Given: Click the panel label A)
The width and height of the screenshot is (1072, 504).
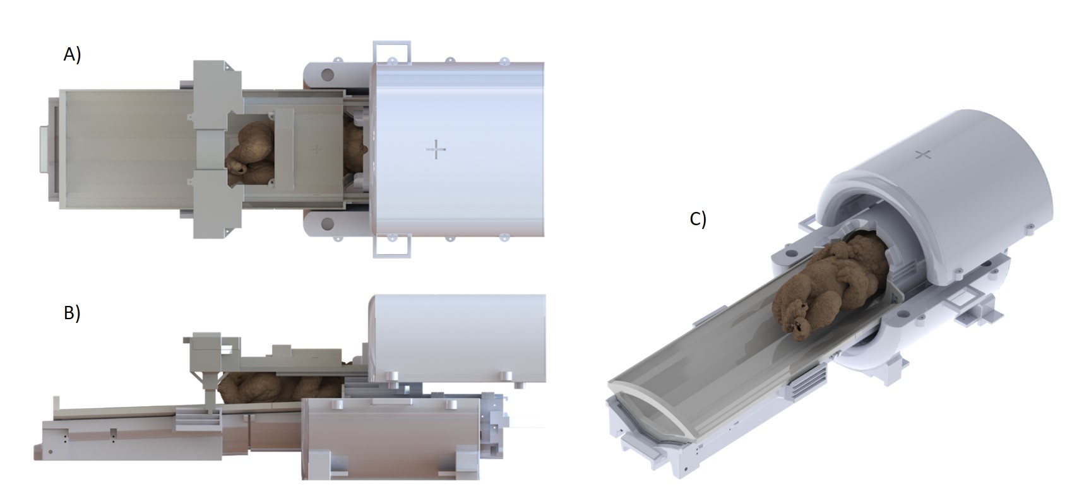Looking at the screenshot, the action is [x=72, y=54].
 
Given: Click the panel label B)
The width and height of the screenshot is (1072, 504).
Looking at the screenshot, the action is [x=72, y=313].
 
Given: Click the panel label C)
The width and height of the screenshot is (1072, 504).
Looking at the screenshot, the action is [x=698, y=219].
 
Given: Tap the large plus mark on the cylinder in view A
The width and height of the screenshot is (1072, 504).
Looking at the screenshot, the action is [x=436, y=149].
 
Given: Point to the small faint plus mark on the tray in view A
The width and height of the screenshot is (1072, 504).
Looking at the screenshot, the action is [x=316, y=149].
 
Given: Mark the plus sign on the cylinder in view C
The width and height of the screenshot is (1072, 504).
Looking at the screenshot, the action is [x=923, y=155].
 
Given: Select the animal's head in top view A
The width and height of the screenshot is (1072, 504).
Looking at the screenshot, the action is [x=236, y=165].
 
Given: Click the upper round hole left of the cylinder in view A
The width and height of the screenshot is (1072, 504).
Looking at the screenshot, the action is [x=327, y=74].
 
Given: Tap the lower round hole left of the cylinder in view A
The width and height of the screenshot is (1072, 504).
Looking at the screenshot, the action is [x=327, y=223].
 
